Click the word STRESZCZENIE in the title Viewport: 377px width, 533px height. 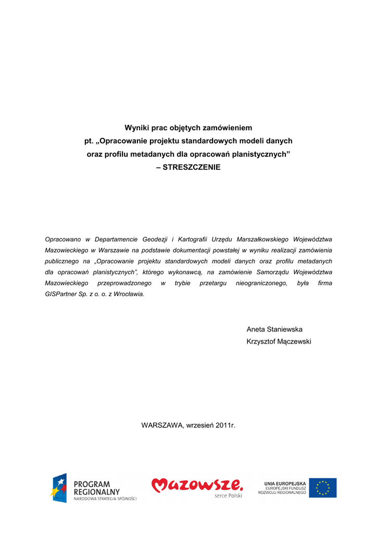tap(192, 168)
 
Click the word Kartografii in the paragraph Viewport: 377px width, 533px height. tap(193, 239)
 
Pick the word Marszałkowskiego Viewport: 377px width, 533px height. tap(262, 239)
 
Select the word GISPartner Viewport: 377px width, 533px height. tap(61, 294)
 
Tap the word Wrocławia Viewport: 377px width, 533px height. tap(129, 294)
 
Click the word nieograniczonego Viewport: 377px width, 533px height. tap(260, 283)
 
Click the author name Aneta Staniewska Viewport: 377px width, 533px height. tap(274, 329)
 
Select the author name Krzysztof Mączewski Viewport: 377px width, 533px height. tap(279, 341)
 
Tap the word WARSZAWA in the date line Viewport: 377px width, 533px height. tap(162, 425)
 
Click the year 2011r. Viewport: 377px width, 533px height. tap(225, 425)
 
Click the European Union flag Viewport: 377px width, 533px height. tap(323, 488)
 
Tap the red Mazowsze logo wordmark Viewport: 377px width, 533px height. tap(197, 486)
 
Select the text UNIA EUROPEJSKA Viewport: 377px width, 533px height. tap(285, 484)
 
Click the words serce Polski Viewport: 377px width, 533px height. tap(228, 496)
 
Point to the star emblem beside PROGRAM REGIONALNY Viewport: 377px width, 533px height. tap(59, 488)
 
